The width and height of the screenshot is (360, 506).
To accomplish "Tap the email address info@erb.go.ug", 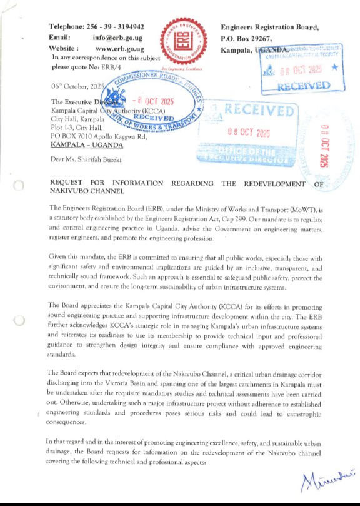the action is point(119,38).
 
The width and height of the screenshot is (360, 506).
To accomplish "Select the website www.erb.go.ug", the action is point(120,48).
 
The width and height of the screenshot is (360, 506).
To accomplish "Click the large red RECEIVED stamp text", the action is point(258,112).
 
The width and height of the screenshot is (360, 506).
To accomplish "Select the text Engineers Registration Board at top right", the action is point(270,27).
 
